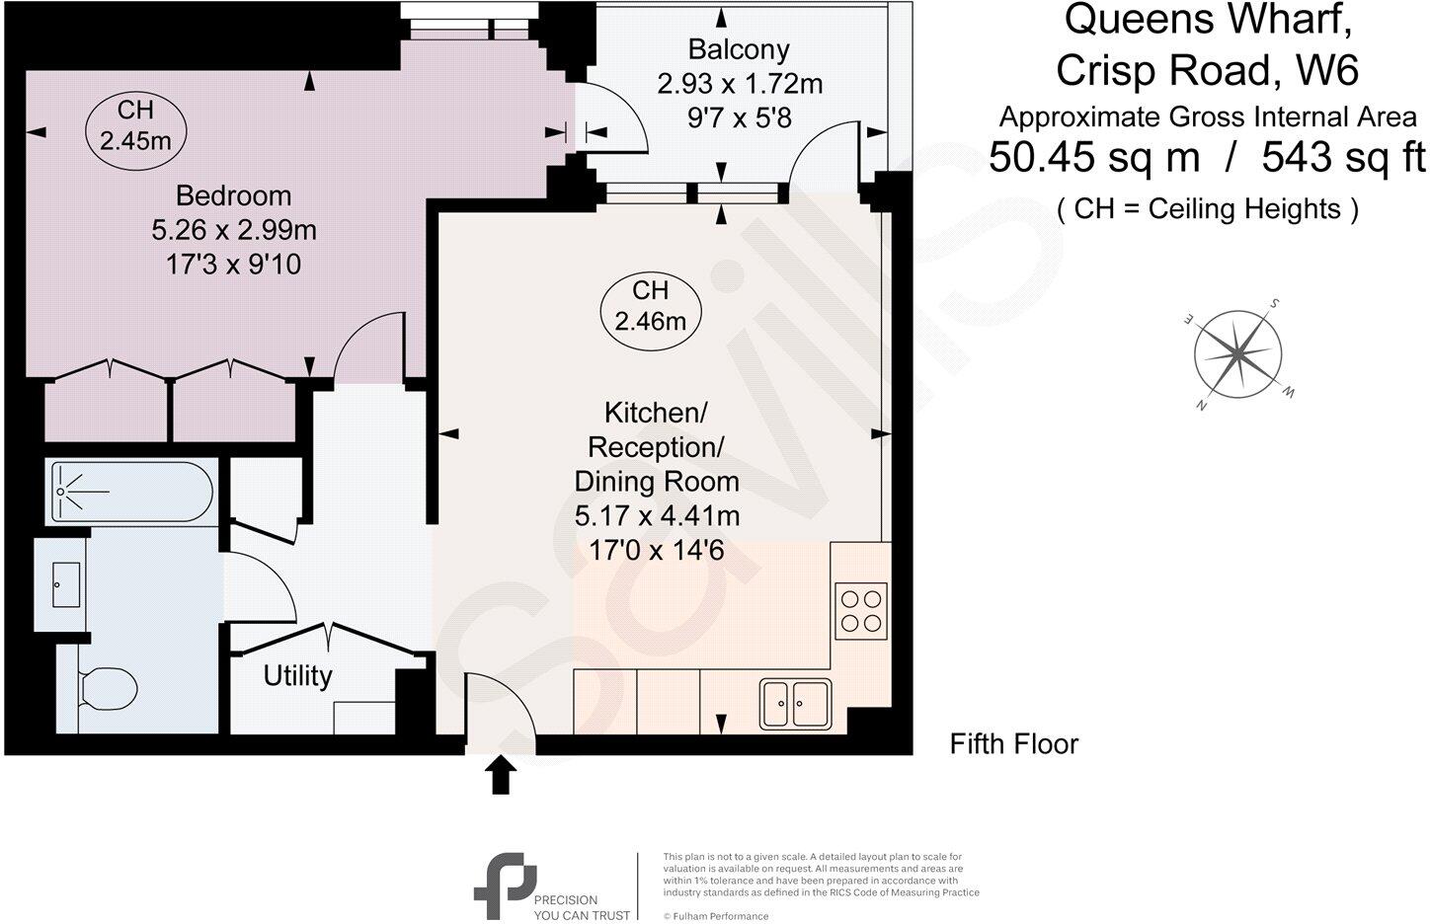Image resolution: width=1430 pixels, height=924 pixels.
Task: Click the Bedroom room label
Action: [x=233, y=195]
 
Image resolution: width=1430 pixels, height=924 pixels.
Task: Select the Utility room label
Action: [x=297, y=676]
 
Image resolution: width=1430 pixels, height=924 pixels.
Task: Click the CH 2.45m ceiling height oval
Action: [x=135, y=125]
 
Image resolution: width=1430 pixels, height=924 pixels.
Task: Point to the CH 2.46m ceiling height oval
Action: [x=650, y=305]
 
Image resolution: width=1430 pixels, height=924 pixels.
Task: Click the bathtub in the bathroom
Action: [x=131, y=492]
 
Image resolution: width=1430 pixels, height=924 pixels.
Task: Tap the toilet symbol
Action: [x=107, y=688]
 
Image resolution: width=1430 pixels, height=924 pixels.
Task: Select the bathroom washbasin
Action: [x=66, y=584]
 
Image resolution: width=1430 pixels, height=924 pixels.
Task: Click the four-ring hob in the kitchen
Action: [x=861, y=610]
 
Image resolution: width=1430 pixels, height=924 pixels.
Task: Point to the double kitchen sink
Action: [x=795, y=703]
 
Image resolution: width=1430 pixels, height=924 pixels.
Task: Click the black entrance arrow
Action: [x=501, y=775]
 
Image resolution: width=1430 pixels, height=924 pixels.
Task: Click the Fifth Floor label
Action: [x=1013, y=743]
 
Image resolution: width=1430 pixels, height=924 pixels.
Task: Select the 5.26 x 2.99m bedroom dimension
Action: [x=233, y=230]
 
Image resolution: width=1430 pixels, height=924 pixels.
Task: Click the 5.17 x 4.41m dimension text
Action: [x=657, y=515]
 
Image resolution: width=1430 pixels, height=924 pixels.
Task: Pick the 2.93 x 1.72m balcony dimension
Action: [x=740, y=84]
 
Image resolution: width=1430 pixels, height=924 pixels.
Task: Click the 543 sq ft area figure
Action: [x=1343, y=157]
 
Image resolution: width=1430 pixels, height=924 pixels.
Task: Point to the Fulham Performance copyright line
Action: [x=716, y=916]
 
